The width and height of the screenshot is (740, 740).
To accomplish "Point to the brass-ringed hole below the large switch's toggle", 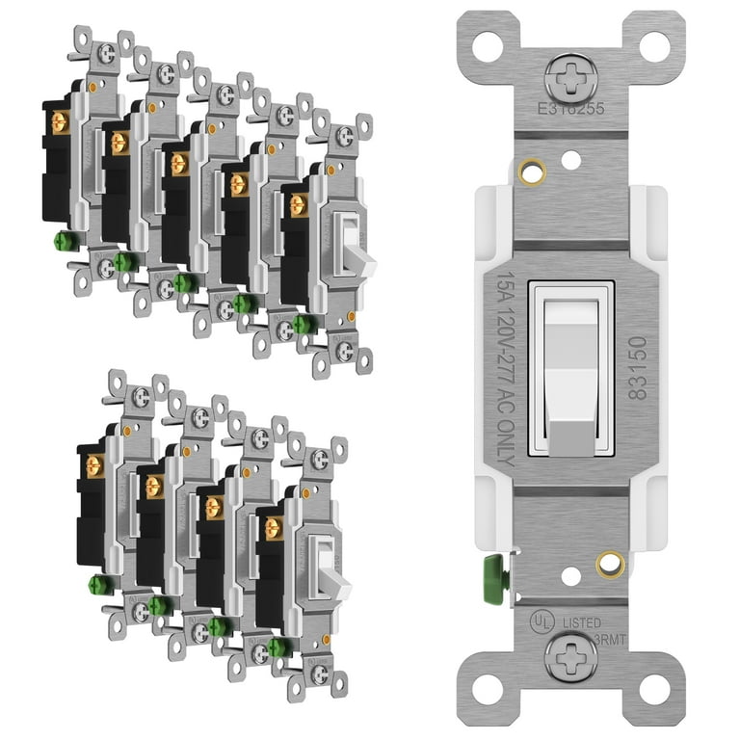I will point(610,564).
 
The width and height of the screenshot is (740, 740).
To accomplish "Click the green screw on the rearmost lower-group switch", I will point(96,584).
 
